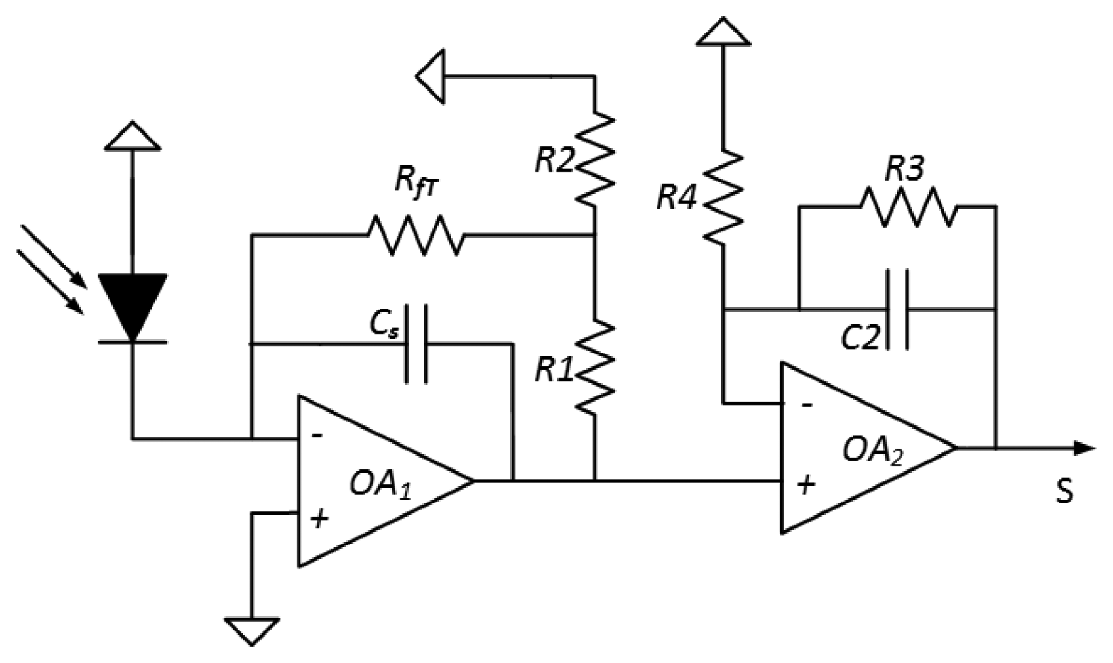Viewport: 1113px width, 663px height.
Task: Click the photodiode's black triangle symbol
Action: [x=132, y=302]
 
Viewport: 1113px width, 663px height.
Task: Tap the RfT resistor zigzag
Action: [x=416, y=234]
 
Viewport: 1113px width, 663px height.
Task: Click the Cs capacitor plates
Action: [x=416, y=343]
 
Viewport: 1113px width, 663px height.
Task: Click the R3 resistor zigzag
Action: [x=908, y=207]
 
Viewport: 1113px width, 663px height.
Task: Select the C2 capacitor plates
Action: [x=897, y=309]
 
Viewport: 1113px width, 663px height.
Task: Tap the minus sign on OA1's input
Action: [x=317, y=435]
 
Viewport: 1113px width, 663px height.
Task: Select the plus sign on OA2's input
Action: [x=805, y=485]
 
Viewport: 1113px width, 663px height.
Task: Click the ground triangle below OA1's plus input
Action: [x=252, y=630]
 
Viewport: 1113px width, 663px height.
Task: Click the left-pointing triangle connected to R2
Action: [x=431, y=75]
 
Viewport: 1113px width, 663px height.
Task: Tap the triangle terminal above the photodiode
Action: [x=132, y=136]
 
